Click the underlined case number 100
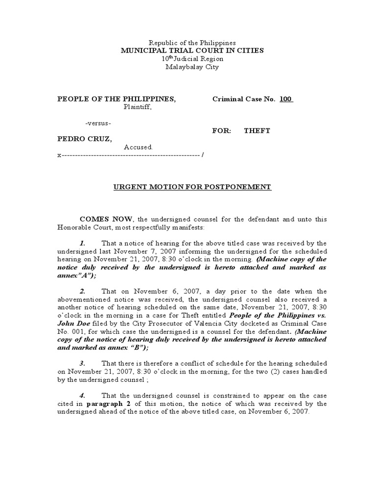[x=286, y=99]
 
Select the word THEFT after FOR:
[x=258, y=131]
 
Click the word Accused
[x=139, y=147]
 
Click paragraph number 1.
[x=83, y=243]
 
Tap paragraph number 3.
[x=83, y=363]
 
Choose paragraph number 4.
[x=83, y=395]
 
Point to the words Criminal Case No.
[x=244, y=99]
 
